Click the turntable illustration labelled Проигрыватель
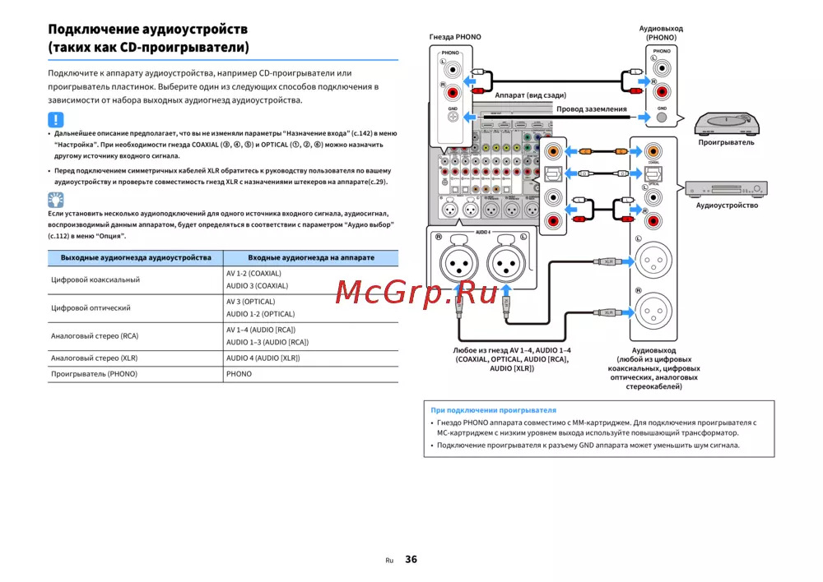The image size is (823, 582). (x=727, y=123)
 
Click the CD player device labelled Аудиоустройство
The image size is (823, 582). (x=727, y=188)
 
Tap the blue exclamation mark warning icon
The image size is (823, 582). (x=55, y=120)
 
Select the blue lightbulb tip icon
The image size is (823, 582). (x=55, y=200)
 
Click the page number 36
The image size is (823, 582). (x=411, y=560)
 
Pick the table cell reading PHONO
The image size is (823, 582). (x=239, y=373)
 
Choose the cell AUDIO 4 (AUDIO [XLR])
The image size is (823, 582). (x=263, y=358)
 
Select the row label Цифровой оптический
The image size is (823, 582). (x=91, y=307)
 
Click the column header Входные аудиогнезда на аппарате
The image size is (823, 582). (x=300, y=257)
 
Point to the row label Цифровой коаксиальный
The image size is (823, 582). (x=95, y=279)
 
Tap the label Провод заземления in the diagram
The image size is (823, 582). (x=591, y=109)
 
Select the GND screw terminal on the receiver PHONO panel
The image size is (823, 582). (x=453, y=117)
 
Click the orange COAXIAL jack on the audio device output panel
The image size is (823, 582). (x=652, y=151)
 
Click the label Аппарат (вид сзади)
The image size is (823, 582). (x=529, y=95)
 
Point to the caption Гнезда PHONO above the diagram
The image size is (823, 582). (x=455, y=37)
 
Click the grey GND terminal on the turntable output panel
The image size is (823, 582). (x=662, y=117)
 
